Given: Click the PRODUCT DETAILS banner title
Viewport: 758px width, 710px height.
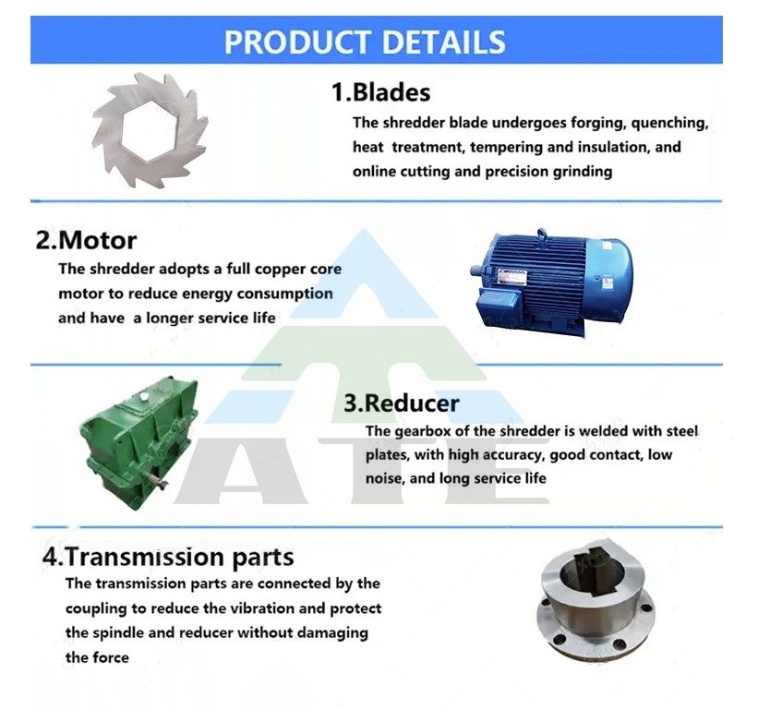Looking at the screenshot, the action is (x=365, y=42).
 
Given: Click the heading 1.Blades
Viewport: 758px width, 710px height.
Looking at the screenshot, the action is (x=381, y=91).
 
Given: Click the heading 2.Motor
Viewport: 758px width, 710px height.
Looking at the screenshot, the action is (x=86, y=240).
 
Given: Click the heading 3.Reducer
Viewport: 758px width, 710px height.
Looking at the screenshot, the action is (x=402, y=403).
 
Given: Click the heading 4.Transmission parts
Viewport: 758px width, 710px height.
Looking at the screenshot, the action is (x=168, y=557).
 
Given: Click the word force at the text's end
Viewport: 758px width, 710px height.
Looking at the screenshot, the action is (x=111, y=657).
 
